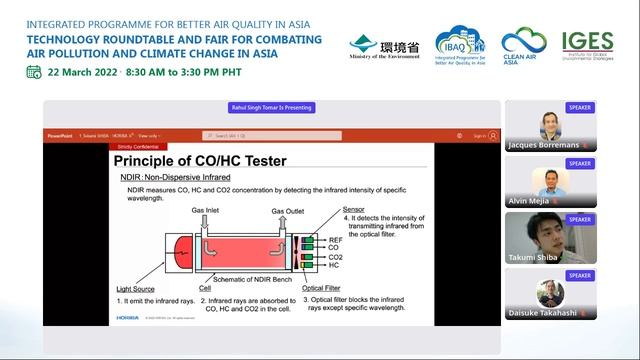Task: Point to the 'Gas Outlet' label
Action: click(290, 211)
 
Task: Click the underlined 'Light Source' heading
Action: click(135, 290)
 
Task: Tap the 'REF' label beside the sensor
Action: click(335, 240)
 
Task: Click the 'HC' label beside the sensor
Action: click(333, 265)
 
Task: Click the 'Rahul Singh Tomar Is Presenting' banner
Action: click(271, 108)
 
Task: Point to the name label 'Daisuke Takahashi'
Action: click(543, 313)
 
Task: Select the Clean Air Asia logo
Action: click(524, 46)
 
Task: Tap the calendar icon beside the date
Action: click(34, 71)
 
